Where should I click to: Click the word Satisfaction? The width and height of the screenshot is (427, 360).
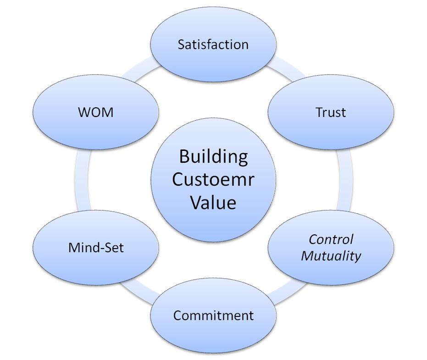(213, 44)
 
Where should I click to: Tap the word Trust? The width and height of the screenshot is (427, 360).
(331, 112)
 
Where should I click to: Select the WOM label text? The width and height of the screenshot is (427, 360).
(96, 112)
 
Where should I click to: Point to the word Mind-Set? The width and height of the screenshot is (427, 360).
(96, 248)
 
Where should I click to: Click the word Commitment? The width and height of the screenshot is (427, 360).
(213, 316)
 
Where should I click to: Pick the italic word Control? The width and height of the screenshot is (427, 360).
(331, 239)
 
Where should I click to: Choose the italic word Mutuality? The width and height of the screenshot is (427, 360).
(331, 255)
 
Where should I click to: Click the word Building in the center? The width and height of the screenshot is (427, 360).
(213, 156)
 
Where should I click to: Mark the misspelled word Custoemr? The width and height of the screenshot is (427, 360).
(213, 179)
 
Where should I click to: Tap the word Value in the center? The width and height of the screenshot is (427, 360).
(213, 202)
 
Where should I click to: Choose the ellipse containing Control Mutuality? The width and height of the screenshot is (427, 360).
(331, 271)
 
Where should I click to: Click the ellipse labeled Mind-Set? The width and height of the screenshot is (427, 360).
(96, 266)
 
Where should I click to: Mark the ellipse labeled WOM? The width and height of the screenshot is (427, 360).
(96, 131)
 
